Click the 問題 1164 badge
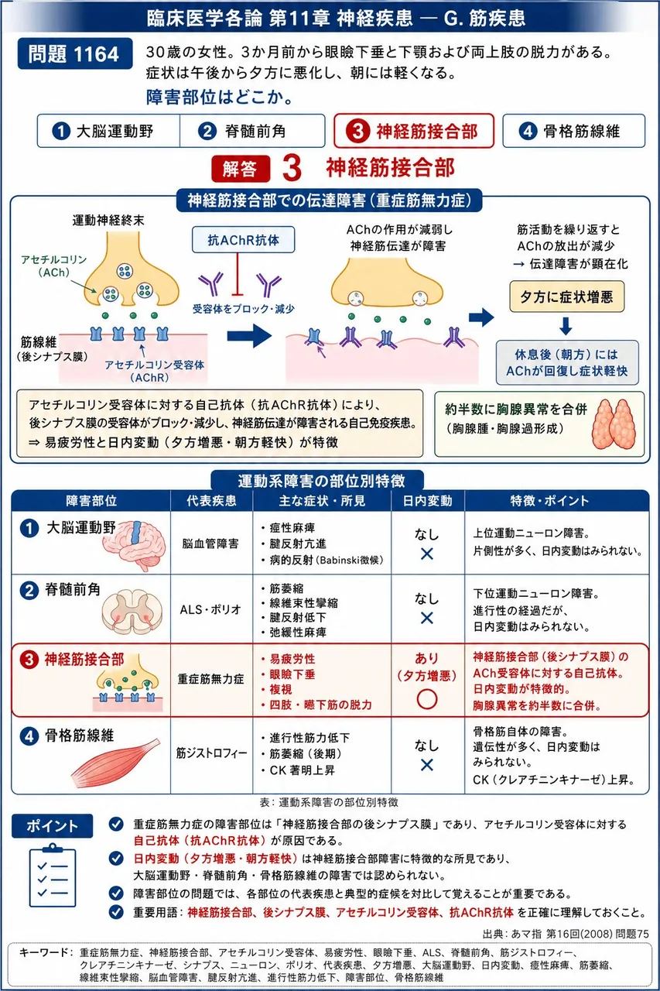click(x=75, y=53)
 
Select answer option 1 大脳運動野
click(x=109, y=131)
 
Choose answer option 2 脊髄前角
click(x=252, y=131)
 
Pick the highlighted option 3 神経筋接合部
click(x=414, y=131)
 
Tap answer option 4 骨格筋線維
click(x=574, y=131)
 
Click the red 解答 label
click(x=241, y=169)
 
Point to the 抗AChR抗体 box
click(x=243, y=240)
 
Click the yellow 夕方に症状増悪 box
click(x=566, y=297)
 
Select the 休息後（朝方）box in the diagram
click(x=567, y=362)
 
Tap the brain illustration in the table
click(x=135, y=545)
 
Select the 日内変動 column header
click(x=427, y=500)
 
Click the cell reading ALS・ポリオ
click(x=211, y=609)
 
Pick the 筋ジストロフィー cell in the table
click(x=211, y=753)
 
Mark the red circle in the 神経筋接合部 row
click(x=427, y=699)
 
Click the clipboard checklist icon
click(x=52, y=875)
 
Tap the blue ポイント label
click(x=52, y=825)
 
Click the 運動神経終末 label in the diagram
click(x=108, y=221)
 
